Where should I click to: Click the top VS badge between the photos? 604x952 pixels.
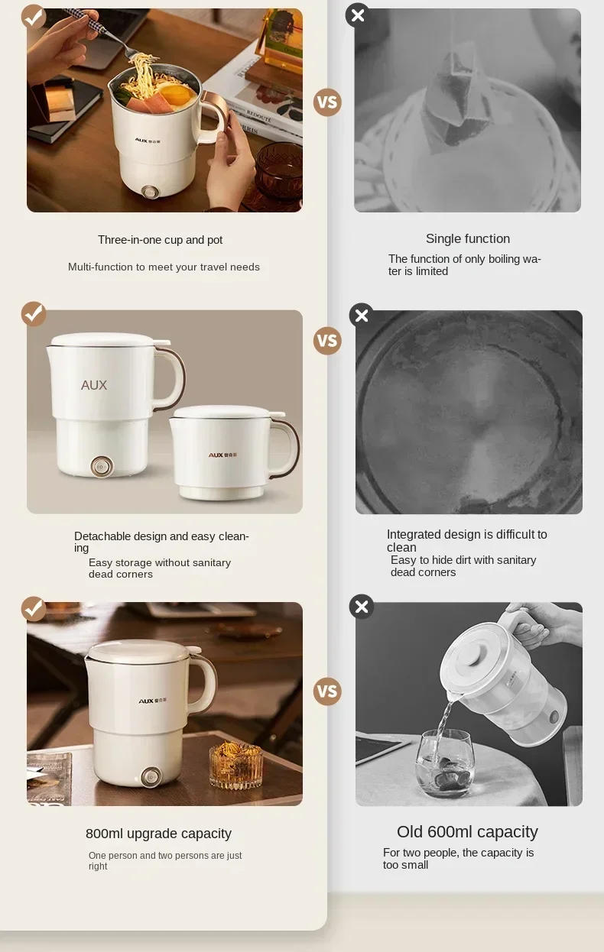tap(327, 102)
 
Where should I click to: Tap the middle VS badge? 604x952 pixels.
tap(327, 341)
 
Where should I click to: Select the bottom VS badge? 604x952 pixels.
tap(327, 691)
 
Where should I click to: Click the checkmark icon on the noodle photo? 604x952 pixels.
tap(34, 16)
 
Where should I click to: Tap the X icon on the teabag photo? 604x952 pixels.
tap(357, 15)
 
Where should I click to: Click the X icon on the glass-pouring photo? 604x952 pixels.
tap(362, 607)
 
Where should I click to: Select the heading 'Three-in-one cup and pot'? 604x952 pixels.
tap(160, 240)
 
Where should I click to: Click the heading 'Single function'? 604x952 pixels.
tap(467, 238)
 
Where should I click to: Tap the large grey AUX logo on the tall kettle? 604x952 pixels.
tap(94, 385)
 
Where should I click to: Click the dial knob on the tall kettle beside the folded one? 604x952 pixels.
tap(100, 467)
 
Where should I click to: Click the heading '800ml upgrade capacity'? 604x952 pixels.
tap(158, 834)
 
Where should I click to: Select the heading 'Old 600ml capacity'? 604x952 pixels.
tap(467, 831)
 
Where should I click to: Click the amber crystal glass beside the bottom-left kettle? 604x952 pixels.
tap(235, 764)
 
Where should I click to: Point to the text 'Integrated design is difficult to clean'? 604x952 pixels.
tap(466, 540)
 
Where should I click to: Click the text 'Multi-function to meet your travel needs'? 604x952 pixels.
tap(164, 267)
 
